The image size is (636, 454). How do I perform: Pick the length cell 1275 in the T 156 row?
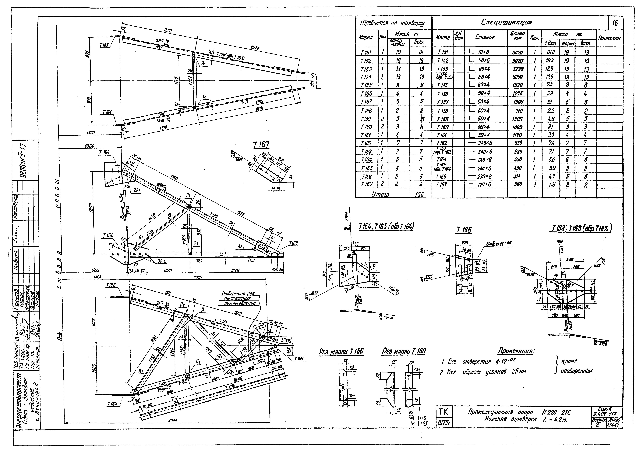[518, 93]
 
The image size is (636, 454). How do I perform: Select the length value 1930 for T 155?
[518, 85]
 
